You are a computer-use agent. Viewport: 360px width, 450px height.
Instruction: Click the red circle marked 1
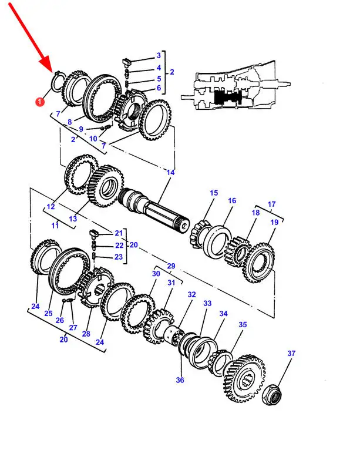(x=40, y=101)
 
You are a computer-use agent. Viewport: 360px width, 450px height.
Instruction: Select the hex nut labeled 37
(x=271, y=395)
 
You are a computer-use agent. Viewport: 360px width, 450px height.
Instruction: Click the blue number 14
(x=170, y=173)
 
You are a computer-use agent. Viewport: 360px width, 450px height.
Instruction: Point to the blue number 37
(x=291, y=353)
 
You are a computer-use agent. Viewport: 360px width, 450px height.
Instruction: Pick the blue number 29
(x=171, y=266)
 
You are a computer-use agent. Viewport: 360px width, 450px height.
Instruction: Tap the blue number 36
(x=180, y=380)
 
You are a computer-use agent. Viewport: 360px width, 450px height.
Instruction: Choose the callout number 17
(x=271, y=204)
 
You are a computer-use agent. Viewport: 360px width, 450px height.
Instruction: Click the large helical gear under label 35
(x=244, y=378)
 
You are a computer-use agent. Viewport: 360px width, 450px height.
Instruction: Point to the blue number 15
(x=214, y=193)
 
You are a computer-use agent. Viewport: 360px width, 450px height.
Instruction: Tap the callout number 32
(x=191, y=294)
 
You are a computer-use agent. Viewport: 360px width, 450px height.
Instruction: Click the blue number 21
(x=119, y=233)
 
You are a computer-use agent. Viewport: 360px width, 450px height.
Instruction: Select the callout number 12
(x=51, y=207)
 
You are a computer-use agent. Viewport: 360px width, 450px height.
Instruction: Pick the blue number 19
(x=274, y=222)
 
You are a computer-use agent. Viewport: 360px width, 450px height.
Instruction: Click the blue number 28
(x=86, y=334)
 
